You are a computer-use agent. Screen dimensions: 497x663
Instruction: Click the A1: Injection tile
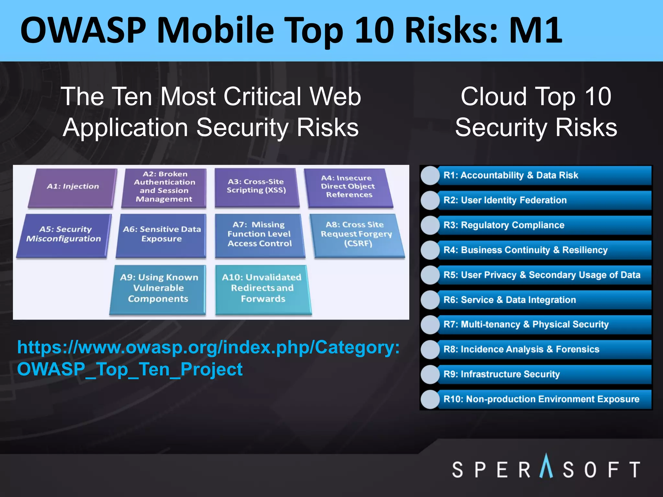click(73, 187)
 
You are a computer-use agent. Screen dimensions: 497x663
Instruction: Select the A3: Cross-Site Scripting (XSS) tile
click(256, 187)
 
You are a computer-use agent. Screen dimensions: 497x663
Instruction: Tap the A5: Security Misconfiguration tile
click(64, 234)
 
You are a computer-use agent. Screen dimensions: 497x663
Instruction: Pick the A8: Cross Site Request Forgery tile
click(357, 234)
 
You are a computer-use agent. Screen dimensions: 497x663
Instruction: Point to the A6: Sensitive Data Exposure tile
click(162, 234)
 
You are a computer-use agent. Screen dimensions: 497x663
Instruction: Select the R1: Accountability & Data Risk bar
click(544, 175)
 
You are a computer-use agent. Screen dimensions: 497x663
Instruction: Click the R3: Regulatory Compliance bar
click(544, 225)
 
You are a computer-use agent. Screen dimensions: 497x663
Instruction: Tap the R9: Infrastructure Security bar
click(544, 374)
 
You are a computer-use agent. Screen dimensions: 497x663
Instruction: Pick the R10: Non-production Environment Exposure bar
click(544, 399)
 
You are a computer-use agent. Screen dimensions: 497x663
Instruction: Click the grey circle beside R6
click(430, 300)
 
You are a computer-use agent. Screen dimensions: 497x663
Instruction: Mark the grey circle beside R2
click(430, 200)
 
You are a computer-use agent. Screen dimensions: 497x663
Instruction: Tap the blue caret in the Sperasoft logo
click(546, 466)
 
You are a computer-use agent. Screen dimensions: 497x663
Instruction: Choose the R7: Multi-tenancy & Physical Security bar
click(544, 325)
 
